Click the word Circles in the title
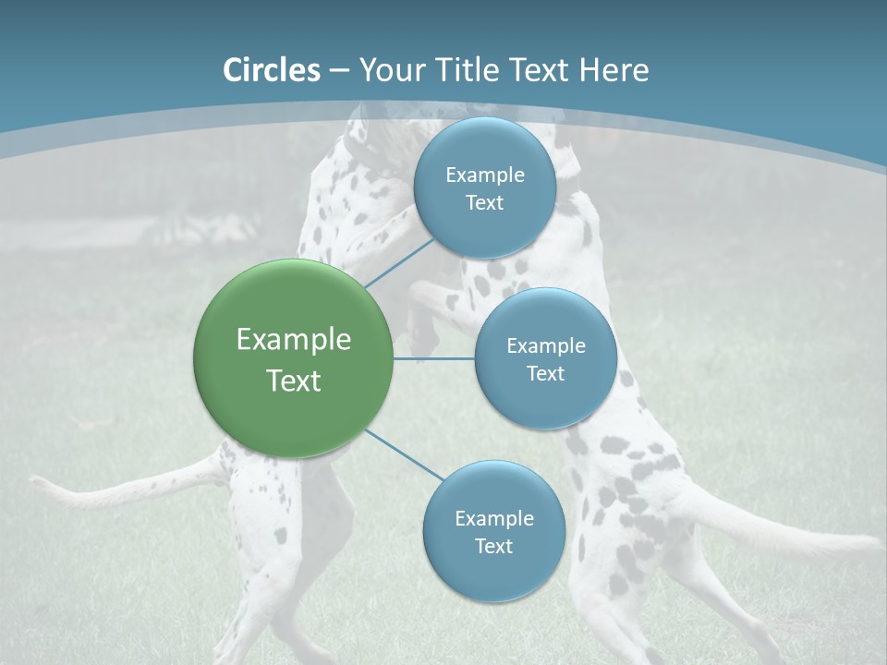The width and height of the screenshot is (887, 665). click(x=272, y=70)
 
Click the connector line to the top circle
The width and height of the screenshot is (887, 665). click(x=399, y=264)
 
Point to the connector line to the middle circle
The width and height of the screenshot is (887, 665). click(x=434, y=358)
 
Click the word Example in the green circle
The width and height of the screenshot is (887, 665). click(x=294, y=339)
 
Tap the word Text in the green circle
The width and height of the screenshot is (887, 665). click(x=294, y=381)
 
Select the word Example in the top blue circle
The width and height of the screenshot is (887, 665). click(x=484, y=175)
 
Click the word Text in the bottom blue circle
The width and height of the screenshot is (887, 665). click(x=493, y=546)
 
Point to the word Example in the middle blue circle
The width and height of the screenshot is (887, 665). click(x=545, y=345)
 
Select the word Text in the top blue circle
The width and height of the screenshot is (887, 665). click(x=484, y=202)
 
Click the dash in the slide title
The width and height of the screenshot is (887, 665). click(x=338, y=70)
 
